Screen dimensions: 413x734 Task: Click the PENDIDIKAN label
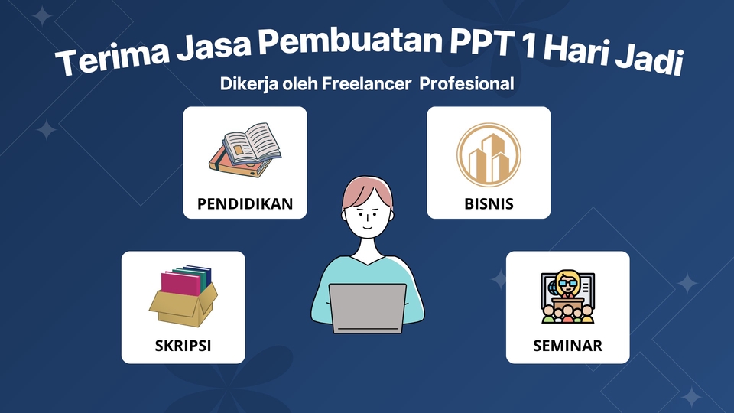pyautogui.click(x=245, y=204)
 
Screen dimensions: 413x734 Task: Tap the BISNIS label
pyautogui.click(x=489, y=204)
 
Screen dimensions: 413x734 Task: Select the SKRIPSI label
pyautogui.click(x=183, y=346)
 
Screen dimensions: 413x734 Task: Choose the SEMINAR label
pyautogui.click(x=567, y=346)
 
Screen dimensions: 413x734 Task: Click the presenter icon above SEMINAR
pyautogui.click(x=567, y=297)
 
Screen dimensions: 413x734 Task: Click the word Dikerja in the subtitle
pyautogui.click(x=246, y=83)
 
